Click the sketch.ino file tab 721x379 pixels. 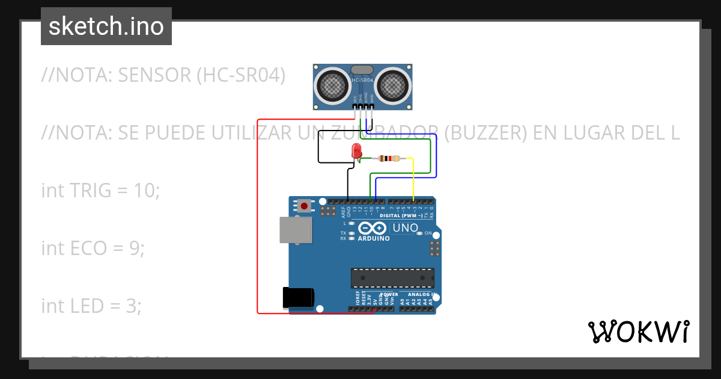[106, 26]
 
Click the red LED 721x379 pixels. [356, 151]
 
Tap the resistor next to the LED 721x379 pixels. [389, 159]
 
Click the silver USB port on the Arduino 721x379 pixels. [296, 230]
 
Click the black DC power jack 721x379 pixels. [298, 297]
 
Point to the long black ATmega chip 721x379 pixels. [392, 277]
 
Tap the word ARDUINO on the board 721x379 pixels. [374, 238]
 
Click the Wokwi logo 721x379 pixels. [638, 332]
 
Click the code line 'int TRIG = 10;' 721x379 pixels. [100, 191]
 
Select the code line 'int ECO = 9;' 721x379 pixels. [93, 248]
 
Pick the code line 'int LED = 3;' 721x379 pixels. [91, 306]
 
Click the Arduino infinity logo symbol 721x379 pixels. [373, 228]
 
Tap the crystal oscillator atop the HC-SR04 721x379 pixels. [362, 70]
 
